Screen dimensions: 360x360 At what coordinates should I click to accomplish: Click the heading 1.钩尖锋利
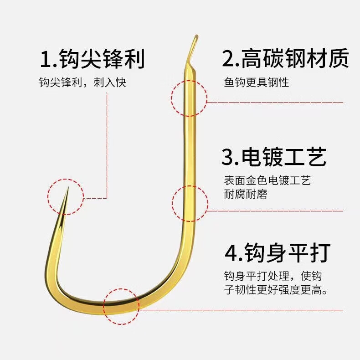[x=93, y=59]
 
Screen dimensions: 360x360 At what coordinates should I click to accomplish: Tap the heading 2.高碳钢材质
[x=285, y=59]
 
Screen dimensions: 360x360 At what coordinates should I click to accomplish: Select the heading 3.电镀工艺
[x=274, y=156]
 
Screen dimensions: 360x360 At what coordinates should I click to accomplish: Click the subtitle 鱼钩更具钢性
[x=256, y=82]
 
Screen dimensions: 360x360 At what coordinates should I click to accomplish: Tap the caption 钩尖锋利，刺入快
[x=82, y=82]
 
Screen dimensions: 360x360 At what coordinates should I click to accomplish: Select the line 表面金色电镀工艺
[x=267, y=180]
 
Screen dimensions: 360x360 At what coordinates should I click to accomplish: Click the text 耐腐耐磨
[x=245, y=194]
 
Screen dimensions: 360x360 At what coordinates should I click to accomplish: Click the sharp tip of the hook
[x=67, y=188]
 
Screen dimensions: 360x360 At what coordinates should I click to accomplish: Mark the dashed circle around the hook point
[x=66, y=197]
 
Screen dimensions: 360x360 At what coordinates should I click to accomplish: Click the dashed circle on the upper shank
[x=189, y=98]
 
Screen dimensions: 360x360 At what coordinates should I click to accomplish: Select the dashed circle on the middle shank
[x=190, y=204]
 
